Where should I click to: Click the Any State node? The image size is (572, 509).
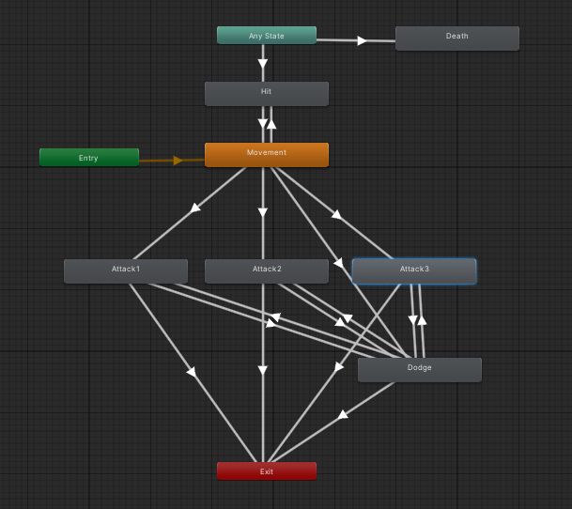tap(267, 36)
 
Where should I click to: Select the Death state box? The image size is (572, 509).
tap(456, 38)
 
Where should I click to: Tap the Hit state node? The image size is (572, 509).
tap(267, 94)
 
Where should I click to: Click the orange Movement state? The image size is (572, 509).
tap(267, 155)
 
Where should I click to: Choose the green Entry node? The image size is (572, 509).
tap(89, 158)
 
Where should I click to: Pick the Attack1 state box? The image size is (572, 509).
tap(126, 270)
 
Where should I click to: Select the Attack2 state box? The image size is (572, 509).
tap(267, 270)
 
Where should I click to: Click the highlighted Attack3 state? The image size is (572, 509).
tap(414, 270)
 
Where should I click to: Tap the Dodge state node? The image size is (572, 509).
tap(420, 369)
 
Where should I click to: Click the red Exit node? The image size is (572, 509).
tap(267, 470)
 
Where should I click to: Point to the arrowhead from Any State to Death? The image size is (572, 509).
tap(362, 40)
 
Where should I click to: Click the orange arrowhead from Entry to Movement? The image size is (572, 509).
tap(178, 160)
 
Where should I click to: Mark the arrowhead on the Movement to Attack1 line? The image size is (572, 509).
tap(195, 208)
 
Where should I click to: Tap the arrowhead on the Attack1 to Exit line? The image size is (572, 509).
tap(192, 372)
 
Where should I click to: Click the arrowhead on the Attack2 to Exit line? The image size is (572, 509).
tap(263, 372)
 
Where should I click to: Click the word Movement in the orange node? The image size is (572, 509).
tap(267, 152)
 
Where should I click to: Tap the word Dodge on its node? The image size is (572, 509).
tap(420, 367)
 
